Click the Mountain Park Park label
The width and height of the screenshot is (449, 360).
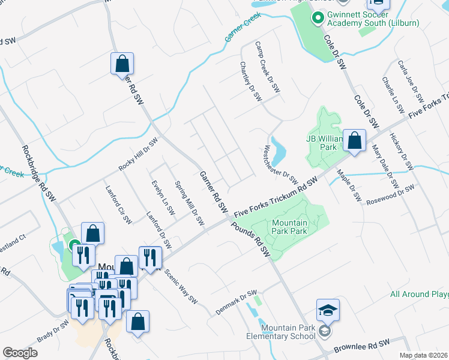[289, 226]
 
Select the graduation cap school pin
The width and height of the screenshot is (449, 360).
[328, 310]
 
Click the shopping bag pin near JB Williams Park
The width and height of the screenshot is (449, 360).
[354, 142]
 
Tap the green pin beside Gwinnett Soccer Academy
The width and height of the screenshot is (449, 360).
[318, 18]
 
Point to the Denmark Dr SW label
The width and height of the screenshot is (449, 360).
[236, 304]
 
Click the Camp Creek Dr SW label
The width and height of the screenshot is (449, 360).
[267, 67]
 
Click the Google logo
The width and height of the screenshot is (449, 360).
[20, 353]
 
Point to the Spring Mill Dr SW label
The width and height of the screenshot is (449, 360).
[189, 203]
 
